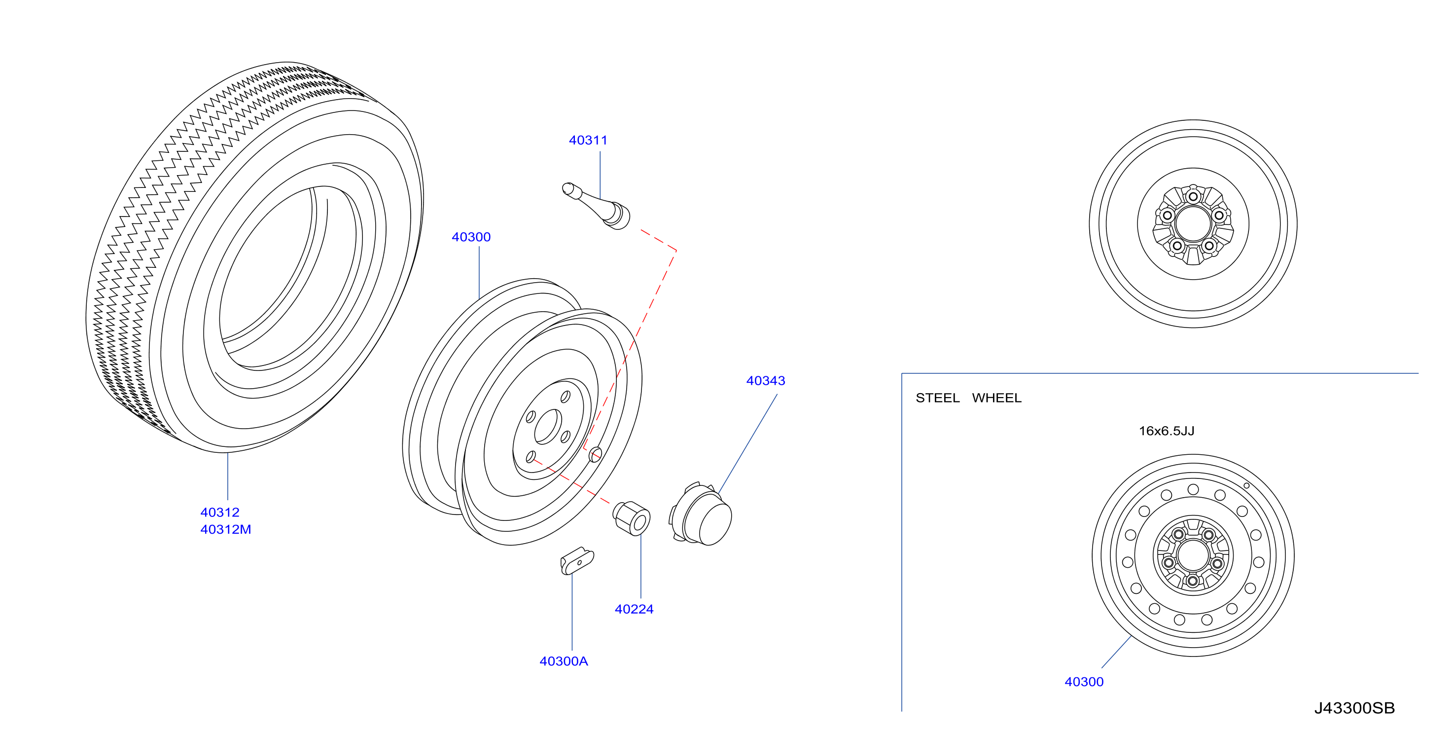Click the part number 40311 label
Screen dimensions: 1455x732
pyautogui.click(x=588, y=140)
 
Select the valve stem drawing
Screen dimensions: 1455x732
pyautogui.click(x=596, y=205)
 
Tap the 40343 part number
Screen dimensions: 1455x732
pyautogui.click(x=765, y=381)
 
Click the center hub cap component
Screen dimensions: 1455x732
pyautogui.click(x=701, y=514)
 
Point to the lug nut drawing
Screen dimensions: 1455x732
pyautogui.click(x=632, y=518)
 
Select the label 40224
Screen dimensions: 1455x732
pyautogui.click(x=634, y=609)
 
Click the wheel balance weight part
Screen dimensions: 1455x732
pyautogui.click(x=577, y=561)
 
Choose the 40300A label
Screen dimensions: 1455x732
pyautogui.click(x=564, y=661)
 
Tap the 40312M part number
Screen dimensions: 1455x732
pyautogui.click(x=225, y=530)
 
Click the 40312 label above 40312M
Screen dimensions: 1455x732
pyautogui.click(x=220, y=512)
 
